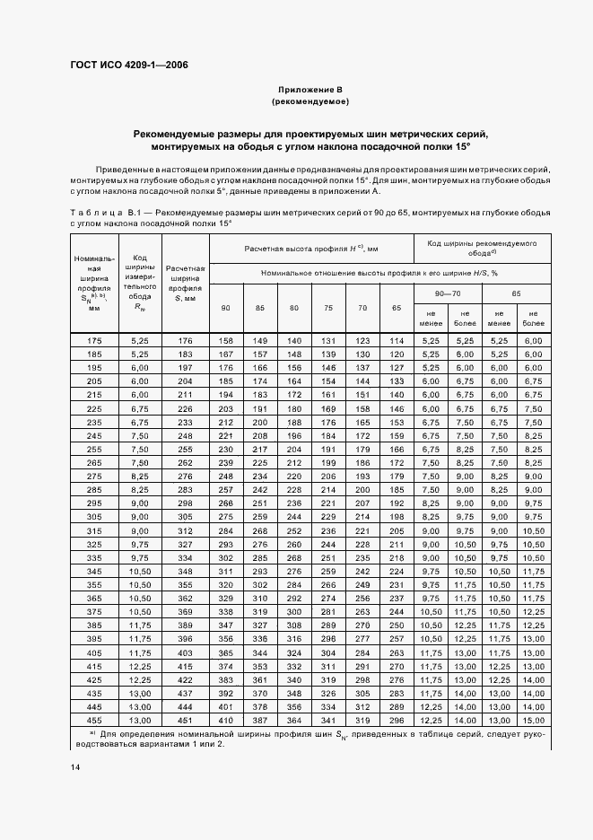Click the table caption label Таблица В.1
pos(104,213)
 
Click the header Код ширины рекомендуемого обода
pos(480,248)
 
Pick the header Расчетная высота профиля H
pos(310,248)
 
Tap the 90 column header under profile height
pos(225,308)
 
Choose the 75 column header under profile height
pos(328,308)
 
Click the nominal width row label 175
pos(94,340)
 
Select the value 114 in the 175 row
pos(396,340)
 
